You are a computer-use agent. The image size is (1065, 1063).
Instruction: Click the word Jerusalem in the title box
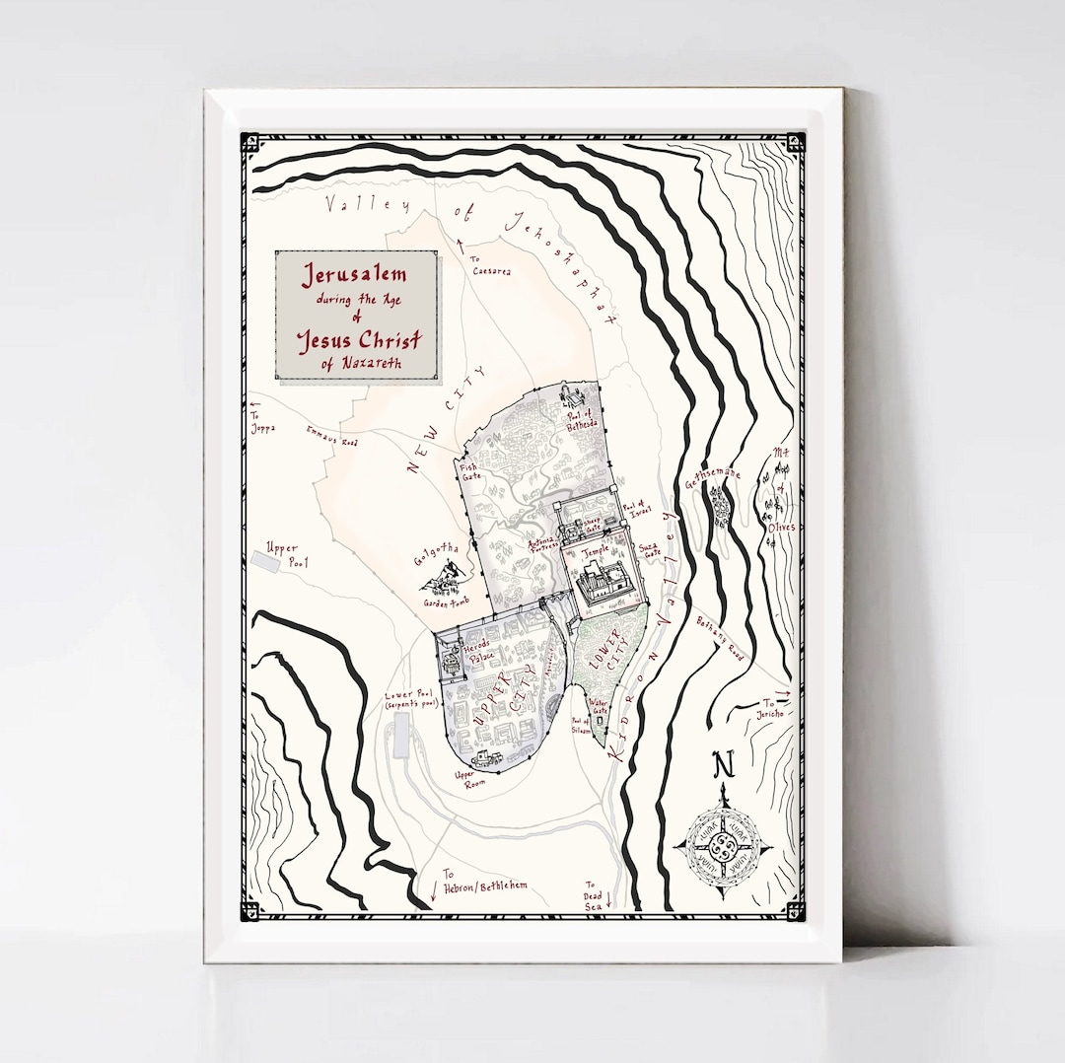[356, 274]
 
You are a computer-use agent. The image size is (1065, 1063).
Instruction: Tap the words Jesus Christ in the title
[360, 341]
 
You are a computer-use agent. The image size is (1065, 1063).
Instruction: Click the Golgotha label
[430, 548]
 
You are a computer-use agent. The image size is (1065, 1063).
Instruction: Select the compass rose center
[724, 847]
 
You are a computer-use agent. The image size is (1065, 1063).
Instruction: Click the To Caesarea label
[490, 264]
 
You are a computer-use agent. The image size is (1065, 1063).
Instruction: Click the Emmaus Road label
[330, 434]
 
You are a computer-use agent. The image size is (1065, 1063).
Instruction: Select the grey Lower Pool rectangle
[401, 737]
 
